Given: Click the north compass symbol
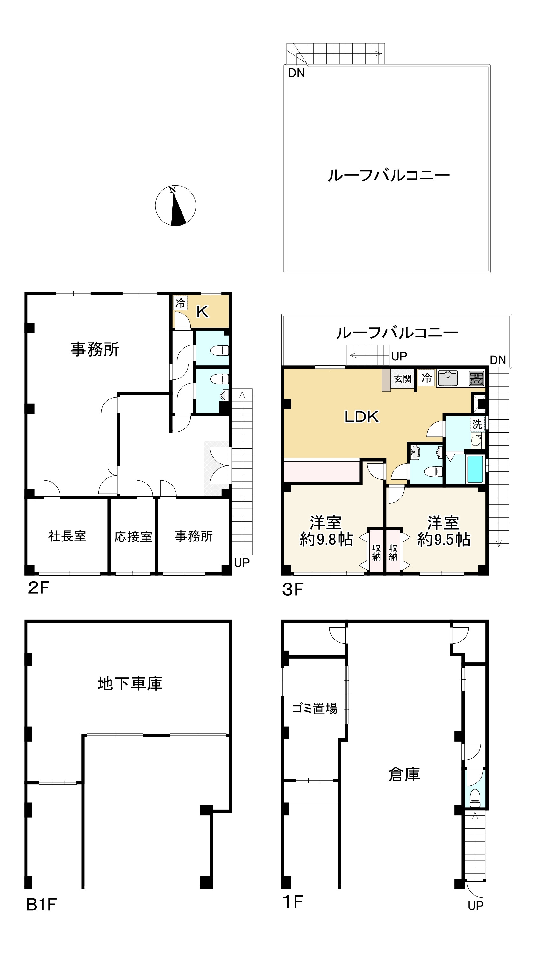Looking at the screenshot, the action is (x=175, y=206).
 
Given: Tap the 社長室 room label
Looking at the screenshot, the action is (x=67, y=536).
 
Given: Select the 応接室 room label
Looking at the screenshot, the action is (x=133, y=537).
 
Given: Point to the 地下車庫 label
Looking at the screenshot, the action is (x=130, y=683).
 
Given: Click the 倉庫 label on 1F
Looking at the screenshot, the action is (x=404, y=774).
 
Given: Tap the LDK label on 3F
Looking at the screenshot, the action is (x=362, y=417).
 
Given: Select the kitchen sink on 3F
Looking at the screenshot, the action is (x=447, y=378).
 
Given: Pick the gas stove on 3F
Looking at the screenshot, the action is (x=476, y=378).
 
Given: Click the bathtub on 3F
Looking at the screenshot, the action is (x=476, y=469).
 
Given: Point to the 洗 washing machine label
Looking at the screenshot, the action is (x=477, y=424).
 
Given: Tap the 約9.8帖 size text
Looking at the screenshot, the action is (x=326, y=539).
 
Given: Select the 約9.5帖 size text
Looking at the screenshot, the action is (x=444, y=539).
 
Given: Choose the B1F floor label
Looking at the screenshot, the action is (x=41, y=905).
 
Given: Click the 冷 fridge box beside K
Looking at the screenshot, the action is (x=181, y=303).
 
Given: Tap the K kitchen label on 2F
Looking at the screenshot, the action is (x=202, y=312).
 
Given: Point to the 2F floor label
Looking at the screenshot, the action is (x=39, y=588).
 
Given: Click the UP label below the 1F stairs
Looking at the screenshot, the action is (x=475, y=906).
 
